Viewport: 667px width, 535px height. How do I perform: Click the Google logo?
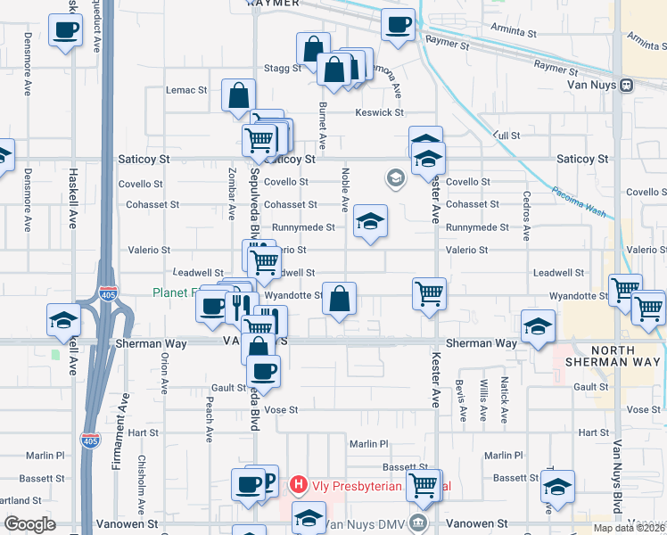(29, 524)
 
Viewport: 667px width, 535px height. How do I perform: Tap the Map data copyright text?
(630, 528)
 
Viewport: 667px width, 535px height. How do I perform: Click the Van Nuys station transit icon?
(627, 85)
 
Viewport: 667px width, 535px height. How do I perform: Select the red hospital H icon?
(299, 486)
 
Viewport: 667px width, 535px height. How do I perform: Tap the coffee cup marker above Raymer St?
(399, 25)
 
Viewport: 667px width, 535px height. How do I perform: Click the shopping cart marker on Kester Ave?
(430, 293)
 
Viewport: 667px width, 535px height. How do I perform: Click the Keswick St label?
(380, 113)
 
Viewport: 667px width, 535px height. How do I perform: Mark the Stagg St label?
(284, 68)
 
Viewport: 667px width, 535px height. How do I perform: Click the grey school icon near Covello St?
(394, 179)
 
